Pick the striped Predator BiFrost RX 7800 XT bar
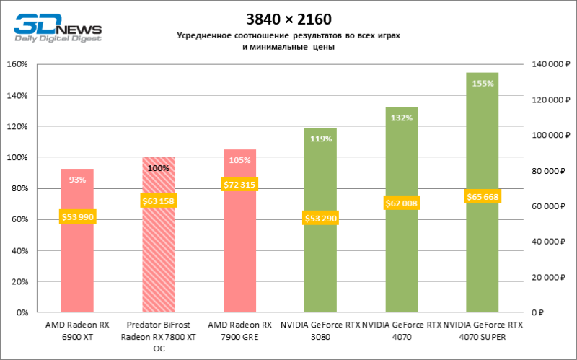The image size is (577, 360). (158, 267)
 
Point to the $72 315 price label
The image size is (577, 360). (239, 185)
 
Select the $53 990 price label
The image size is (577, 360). (77, 216)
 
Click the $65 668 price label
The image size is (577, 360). (482, 196)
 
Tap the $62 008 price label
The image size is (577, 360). (401, 204)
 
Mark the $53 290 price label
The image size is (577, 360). (320, 218)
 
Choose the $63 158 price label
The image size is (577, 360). (158, 201)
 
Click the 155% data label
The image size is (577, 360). (483, 83)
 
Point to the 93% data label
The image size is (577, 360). (78, 180)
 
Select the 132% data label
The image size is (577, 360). (402, 118)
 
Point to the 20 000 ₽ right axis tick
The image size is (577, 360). (546, 277)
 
